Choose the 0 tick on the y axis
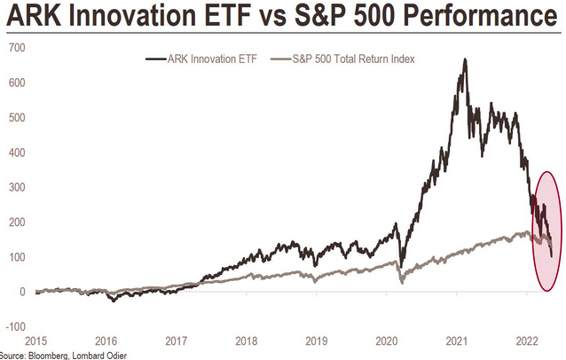pyautogui.click(x=21, y=292)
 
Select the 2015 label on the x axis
pyautogui.click(x=35, y=340)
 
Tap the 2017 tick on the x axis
pyautogui.click(x=176, y=340)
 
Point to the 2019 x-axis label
pyautogui.click(x=317, y=340)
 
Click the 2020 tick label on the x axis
pyautogui.click(x=387, y=340)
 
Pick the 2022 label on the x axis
pyautogui.click(x=527, y=340)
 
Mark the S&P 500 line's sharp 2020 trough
pyautogui.click(x=401, y=282)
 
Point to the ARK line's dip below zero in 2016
pyautogui.click(x=113, y=301)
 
